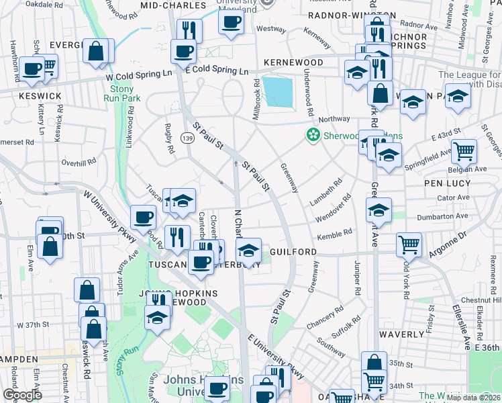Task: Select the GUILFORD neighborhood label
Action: (293, 251)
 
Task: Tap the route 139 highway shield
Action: (187, 138)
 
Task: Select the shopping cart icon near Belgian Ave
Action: (463, 151)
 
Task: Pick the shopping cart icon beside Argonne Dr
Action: (408, 245)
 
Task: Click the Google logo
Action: (22, 395)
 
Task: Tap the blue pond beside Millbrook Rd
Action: (278, 92)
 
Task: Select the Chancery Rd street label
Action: (329, 315)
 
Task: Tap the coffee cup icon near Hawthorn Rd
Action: (32, 69)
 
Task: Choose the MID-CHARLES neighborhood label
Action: (173, 5)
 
